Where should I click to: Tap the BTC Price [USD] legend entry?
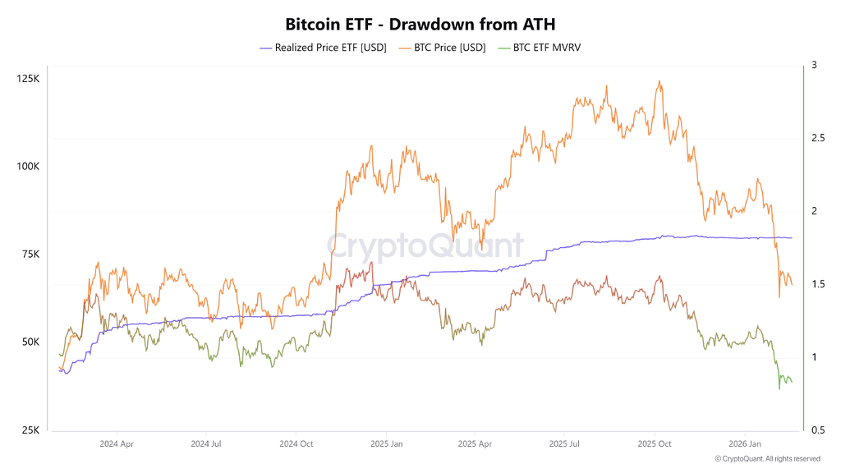(443, 48)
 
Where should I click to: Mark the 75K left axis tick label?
(30, 255)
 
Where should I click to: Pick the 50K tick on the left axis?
(30, 342)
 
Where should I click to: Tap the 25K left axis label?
(30, 429)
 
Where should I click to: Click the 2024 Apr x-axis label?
(116, 444)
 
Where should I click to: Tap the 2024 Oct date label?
(296, 444)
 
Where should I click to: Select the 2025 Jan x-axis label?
(385, 444)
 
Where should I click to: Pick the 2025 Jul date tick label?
(564, 444)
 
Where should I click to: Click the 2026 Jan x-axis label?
(743, 444)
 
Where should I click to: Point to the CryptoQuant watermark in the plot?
(425, 246)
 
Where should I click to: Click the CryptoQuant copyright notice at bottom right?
(767, 459)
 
